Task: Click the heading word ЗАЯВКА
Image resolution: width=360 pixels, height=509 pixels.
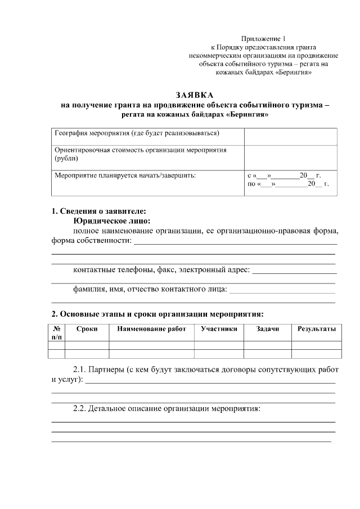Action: (195, 95)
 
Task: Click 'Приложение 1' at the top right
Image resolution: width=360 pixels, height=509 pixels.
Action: (263, 38)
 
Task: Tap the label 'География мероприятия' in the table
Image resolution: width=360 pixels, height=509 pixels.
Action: (137, 134)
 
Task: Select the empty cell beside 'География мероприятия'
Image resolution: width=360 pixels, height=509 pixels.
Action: (290, 136)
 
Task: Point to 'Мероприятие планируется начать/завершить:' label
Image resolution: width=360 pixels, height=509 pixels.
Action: (125, 175)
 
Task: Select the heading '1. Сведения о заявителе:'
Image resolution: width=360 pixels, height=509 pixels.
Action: (99, 211)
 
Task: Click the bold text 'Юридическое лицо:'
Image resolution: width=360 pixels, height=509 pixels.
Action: (112, 221)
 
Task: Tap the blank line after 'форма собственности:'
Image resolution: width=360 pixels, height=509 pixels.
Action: (235, 244)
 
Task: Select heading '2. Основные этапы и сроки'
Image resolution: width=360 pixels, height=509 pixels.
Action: (157, 313)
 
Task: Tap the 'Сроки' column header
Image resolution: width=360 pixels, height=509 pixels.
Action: (87, 329)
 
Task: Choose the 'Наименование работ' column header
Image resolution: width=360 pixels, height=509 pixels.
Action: (151, 329)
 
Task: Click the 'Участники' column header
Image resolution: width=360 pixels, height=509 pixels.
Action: (219, 329)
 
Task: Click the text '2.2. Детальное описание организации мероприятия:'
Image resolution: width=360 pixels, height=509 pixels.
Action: (167, 409)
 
